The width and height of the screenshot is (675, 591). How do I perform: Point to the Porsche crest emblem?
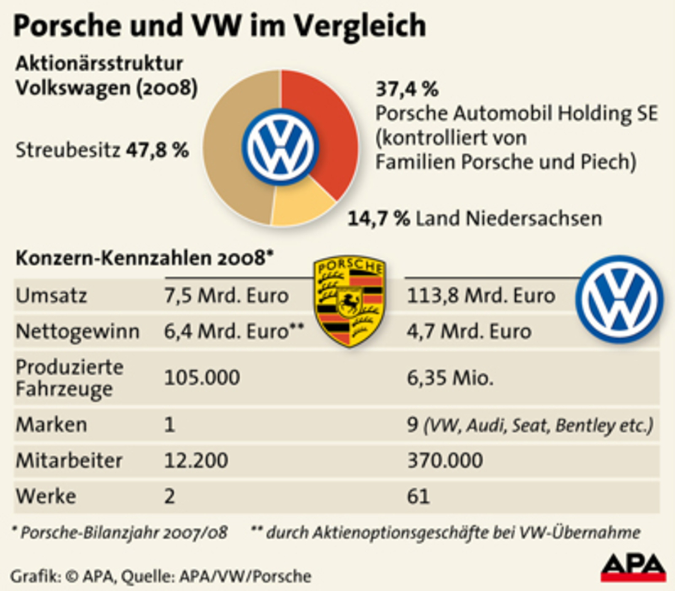point(349,301)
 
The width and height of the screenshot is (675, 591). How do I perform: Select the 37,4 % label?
point(407,89)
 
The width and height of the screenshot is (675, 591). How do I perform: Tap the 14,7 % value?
point(378,218)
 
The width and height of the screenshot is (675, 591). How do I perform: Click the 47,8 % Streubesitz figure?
point(157,150)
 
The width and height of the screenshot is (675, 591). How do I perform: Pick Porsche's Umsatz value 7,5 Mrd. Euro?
point(226,295)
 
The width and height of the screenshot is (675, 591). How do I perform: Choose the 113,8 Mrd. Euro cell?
point(481,295)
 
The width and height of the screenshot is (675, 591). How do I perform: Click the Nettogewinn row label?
point(78,332)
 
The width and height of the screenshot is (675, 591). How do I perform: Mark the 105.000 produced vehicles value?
point(202,378)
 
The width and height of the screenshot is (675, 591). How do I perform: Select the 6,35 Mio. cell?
point(450,378)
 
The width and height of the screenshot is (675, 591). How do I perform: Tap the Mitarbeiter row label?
point(69,460)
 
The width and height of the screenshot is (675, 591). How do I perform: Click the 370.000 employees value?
point(445,460)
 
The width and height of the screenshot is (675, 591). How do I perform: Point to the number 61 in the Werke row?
point(418,496)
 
